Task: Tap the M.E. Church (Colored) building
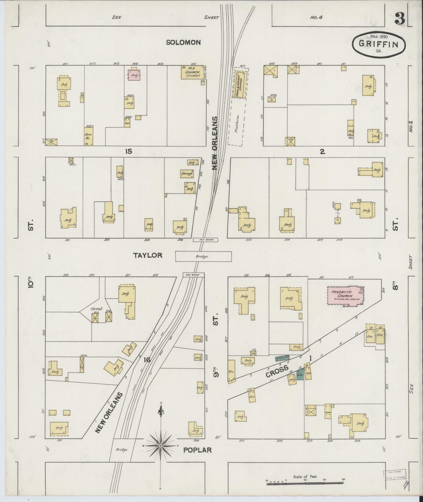pyautogui.click(x=192, y=72)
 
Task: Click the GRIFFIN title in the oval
pyautogui.click(x=378, y=44)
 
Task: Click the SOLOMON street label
pyautogui.click(x=183, y=42)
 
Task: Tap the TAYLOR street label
pyautogui.click(x=148, y=255)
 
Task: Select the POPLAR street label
pyautogui.click(x=197, y=450)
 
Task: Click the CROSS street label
pyautogui.click(x=277, y=372)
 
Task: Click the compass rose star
pyautogui.click(x=161, y=446)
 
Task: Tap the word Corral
pyautogui.click(x=96, y=309)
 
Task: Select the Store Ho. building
pyautogui.click(x=88, y=136)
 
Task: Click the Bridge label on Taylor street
pyautogui.click(x=202, y=256)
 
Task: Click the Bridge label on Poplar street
pyautogui.click(x=121, y=450)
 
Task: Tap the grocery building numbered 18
pyautogui.click(x=370, y=334)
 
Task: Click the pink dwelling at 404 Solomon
pyautogui.click(x=134, y=75)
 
